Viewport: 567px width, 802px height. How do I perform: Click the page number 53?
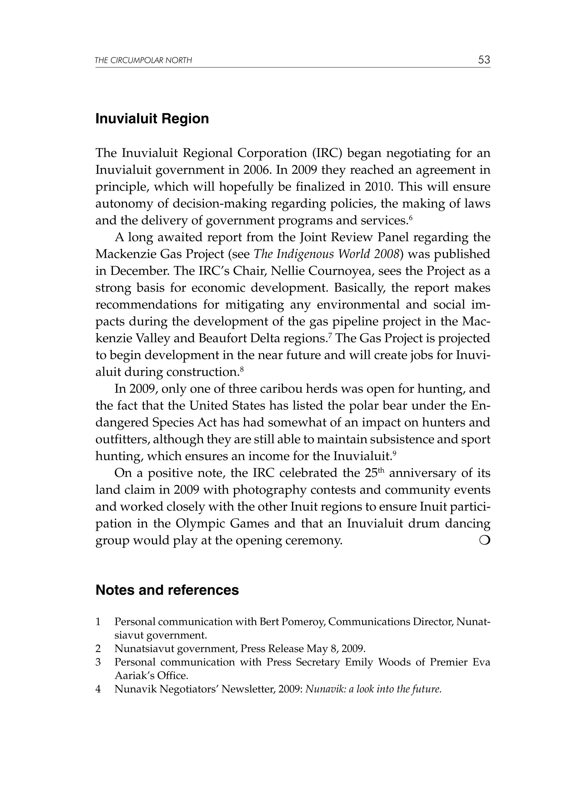click(x=484, y=60)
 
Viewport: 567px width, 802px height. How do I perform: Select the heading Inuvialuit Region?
click(x=152, y=119)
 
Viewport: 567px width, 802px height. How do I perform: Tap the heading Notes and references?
click(x=167, y=590)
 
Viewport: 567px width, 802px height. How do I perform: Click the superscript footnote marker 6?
click(x=411, y=218)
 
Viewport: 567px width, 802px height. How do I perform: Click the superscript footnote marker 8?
click(x=241, y=369)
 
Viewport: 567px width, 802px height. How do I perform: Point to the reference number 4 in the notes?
click(x=98, y=689)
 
